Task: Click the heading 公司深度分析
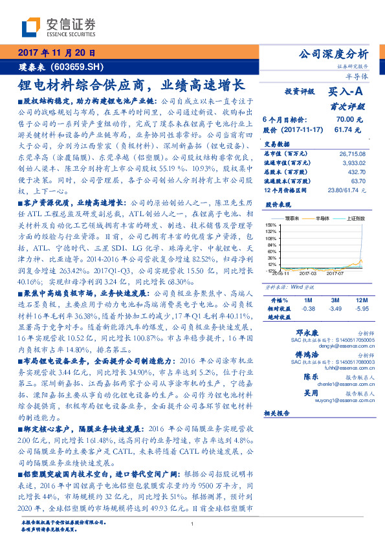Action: (331, 54)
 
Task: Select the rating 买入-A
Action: (346, 93)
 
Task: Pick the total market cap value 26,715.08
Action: (352, 153)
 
